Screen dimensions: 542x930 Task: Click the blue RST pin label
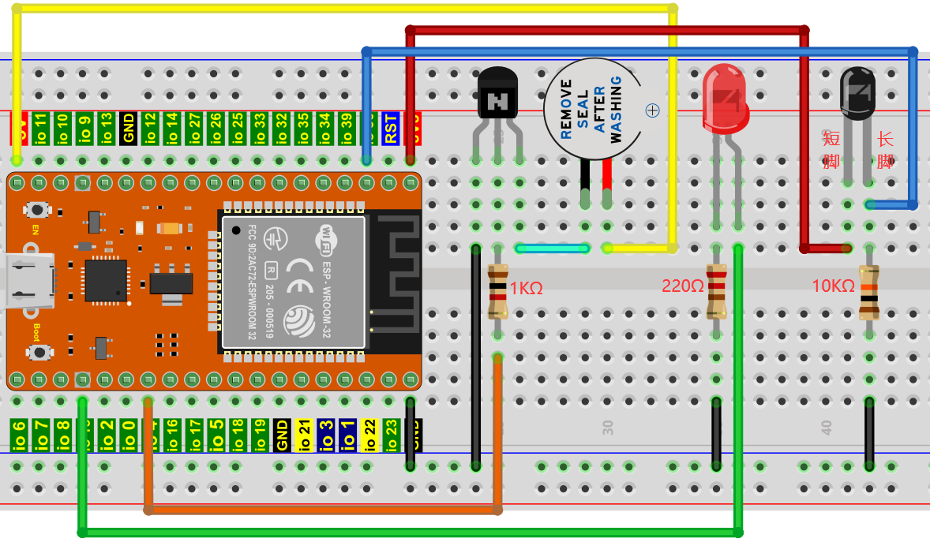click(390, 129)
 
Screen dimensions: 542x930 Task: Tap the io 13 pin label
click(107, 129)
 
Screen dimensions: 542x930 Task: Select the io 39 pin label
click(345, 129)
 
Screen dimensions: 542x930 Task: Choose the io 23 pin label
click(391, 435)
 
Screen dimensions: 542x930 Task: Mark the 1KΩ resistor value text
click(527, 288)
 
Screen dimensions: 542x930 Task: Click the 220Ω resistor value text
click(683, 286)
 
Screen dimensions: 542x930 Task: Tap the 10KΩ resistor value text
click(834, 286)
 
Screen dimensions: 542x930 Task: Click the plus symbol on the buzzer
click(652, 110)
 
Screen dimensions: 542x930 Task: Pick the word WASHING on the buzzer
click(617, 109)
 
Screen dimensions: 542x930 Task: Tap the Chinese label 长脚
click(885, 151)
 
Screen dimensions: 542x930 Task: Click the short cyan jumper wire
click(553, 249)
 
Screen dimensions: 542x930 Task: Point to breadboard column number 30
click(608, 428)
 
